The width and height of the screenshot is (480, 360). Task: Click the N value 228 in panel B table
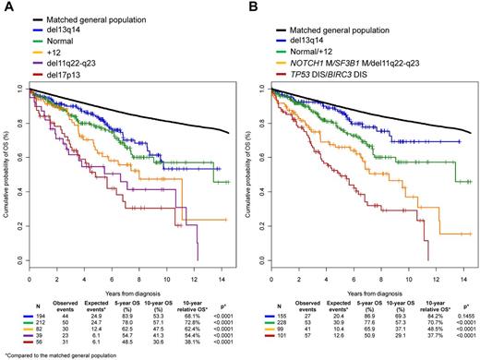click(282, 321)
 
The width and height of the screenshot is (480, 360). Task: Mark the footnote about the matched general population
click(51, 354)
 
